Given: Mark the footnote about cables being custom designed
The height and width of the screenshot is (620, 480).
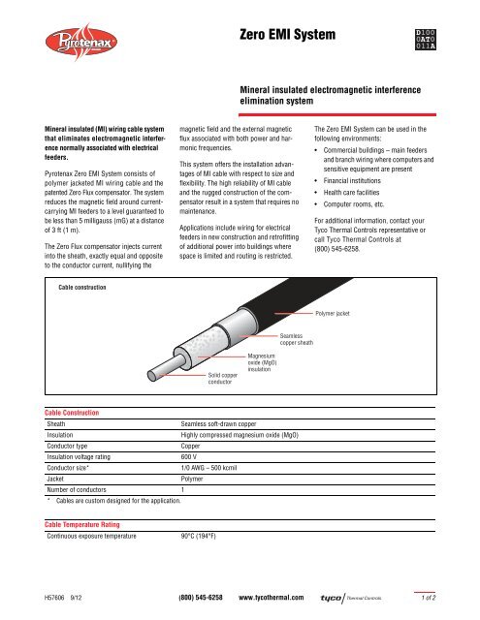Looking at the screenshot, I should point(104,500).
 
